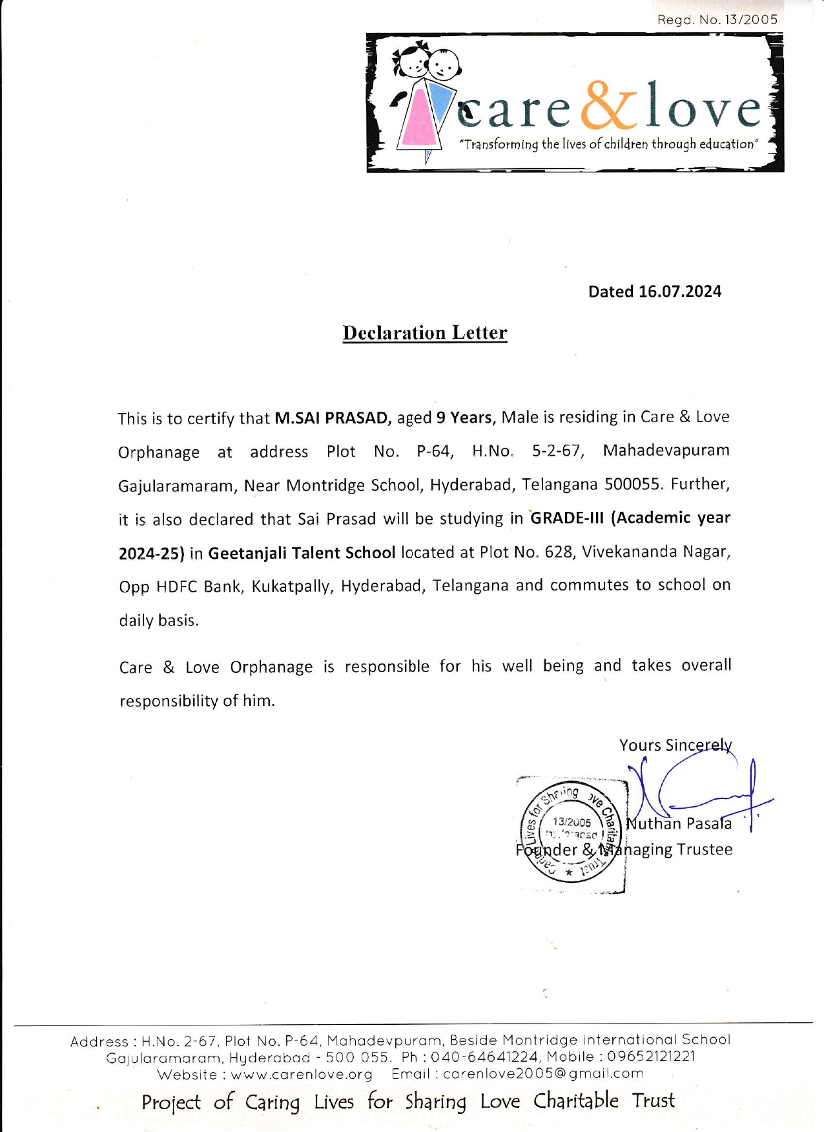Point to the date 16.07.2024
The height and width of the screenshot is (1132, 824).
tap(679, 292)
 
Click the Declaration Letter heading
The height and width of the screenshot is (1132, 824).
tap(425, 333)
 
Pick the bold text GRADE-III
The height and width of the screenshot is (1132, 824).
tap(567, 518)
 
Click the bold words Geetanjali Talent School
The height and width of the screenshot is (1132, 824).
tap(302, 553)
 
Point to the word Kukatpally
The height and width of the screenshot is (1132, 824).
tap(292, 587)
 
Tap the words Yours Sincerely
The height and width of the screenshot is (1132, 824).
tap(675, 745)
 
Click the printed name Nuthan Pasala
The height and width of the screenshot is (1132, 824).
tap(679, 824)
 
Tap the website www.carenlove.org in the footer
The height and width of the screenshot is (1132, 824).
tap(302, 1075)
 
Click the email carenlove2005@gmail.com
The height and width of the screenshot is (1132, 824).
tap(543, 1074)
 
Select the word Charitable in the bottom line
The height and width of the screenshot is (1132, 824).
tap(575, 1100)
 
